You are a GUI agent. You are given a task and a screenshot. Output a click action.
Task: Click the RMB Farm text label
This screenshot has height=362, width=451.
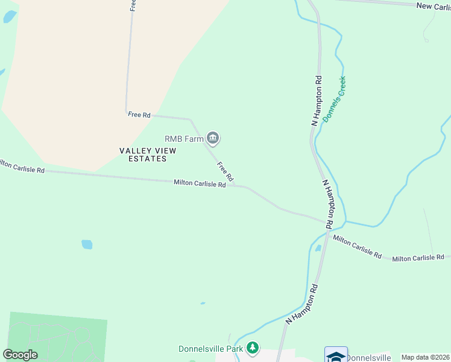[184, 139]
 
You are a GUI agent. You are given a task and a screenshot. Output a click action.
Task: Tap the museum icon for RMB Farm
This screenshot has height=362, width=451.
[212, 139]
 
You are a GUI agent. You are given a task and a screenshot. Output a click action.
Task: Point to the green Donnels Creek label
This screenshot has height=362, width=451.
[335, 100]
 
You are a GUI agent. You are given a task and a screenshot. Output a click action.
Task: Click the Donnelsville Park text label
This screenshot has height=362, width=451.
[210, 349]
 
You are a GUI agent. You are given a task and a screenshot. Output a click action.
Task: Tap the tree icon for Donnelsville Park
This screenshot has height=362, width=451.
[253, 348]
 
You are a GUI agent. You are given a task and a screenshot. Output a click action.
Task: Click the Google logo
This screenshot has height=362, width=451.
[20, 355]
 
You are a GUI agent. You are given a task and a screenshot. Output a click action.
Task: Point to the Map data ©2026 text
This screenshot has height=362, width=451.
[425, 357]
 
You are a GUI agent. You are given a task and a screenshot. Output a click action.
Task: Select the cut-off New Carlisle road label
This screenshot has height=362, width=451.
[433, 5]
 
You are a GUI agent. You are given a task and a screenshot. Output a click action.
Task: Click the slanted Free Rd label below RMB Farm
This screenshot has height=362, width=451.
[225, 172]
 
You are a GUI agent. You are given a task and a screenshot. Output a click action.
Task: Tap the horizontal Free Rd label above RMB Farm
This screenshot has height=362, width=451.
[139, 114]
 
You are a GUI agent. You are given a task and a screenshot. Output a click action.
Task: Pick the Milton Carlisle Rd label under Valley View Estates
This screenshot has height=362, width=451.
[200, 183]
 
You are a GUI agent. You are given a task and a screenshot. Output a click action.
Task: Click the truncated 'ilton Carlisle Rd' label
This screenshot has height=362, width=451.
[22, 167]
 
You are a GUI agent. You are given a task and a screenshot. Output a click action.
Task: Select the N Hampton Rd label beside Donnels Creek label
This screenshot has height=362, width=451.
[317, 100]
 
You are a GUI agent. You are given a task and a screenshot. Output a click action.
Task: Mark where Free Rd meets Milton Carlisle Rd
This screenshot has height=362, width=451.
[239, 186]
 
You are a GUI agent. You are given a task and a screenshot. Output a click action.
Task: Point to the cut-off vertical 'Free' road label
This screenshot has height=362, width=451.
[132, 5]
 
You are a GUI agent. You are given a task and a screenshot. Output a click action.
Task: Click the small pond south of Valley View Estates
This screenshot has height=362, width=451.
[87, 244]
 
